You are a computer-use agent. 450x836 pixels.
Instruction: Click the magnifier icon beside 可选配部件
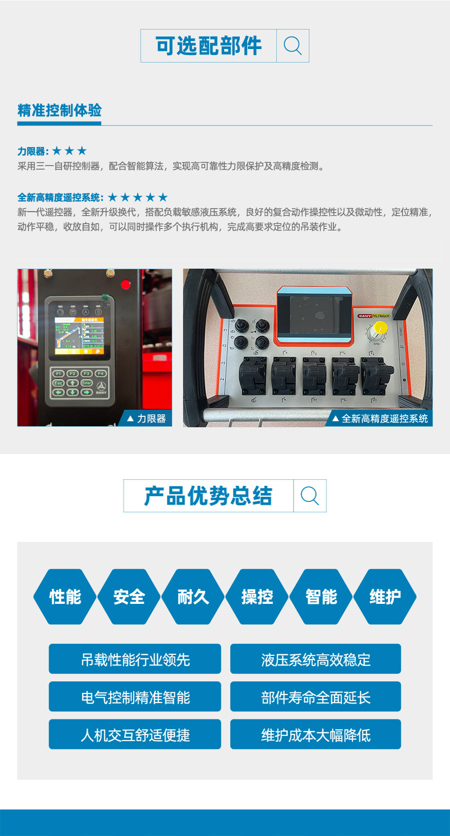pyautogui.click(x=292, y=46)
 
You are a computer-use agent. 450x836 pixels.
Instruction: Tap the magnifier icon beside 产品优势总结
pyautogui.click(x=309, y=496)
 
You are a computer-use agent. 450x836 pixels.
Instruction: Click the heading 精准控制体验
pyautogui.click(x=59, y=111)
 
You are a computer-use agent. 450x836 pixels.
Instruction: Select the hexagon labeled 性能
pyautogui.click(x=65, y=596)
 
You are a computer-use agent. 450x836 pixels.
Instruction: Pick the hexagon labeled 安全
pyautogui.click(x=129, y=596)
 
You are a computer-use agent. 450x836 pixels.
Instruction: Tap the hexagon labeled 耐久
pyautogui.click(x=193, y=596)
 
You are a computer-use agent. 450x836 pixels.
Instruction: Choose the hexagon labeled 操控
pyautogui.click(x=257, y=596)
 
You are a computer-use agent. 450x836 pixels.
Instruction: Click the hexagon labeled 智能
pyautogui.click(x=321, y=596)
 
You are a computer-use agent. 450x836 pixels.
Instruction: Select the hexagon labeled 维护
pyautogui.click(x=385, y=596)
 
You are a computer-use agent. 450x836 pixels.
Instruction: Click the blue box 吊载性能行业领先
pyautogui.click(x=134, y=659)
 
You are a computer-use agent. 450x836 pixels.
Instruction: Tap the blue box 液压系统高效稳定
pyautogui.click(x=315, y=659)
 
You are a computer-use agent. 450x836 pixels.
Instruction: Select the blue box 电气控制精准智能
pyautogui.click(x=134, y=696)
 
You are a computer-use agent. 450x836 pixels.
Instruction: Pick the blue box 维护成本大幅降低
pyautogui.click(x=315, y=734)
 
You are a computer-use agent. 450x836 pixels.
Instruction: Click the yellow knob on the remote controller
pyautogui.click(x=380, y=328)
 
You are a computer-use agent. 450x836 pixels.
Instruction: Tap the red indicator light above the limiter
pyautogui.click(x=125, y=284)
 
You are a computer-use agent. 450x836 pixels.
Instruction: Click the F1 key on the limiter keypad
pyautogui.click(x=58, y=374)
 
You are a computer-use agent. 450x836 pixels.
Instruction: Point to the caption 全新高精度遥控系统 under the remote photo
pyautogui.click(x=384, y=418)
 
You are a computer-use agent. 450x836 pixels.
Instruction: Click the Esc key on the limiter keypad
pyautogui.click(x=58, y=383)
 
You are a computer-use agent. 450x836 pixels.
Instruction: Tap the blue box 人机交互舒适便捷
pyautogui.click(x=134, y=734)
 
